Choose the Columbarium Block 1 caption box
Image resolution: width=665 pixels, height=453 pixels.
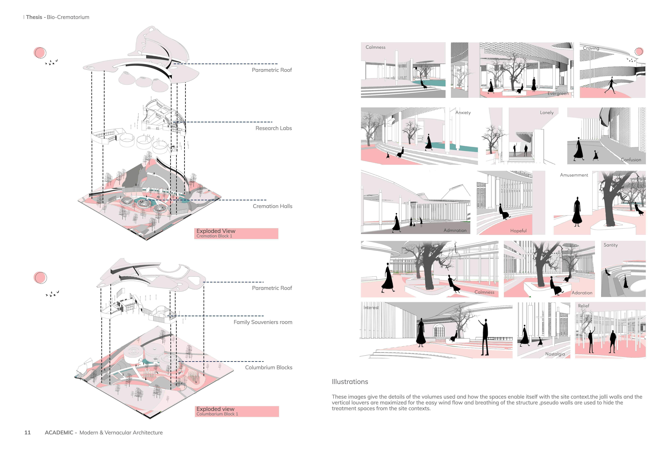pos(237,411)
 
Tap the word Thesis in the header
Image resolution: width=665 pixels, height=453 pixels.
pos(34,17)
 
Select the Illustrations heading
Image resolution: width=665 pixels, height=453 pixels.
pos(350,382)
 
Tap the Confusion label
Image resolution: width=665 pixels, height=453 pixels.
pos(631,160)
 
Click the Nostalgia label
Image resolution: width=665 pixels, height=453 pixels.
pos(555,354)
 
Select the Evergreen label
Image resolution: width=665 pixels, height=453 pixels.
pos(558,94)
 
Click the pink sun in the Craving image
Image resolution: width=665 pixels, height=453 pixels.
pos(639,52)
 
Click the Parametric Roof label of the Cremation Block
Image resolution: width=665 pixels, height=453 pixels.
pos(272,70)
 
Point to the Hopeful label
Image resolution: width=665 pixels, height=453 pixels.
pos(518,231)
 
